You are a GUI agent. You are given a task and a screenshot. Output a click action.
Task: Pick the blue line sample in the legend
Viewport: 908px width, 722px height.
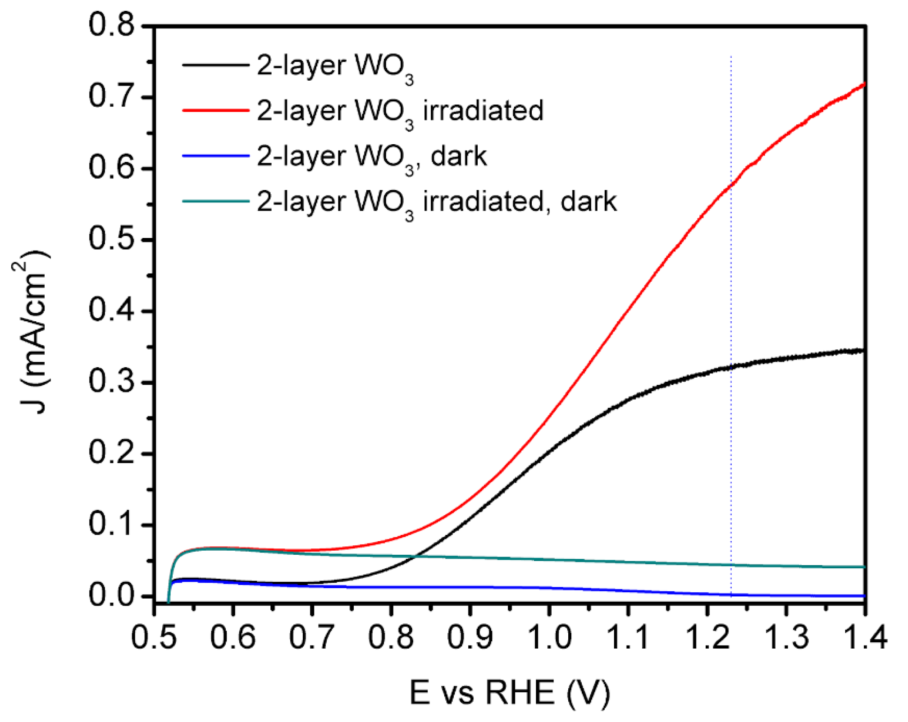(x=215, y=156)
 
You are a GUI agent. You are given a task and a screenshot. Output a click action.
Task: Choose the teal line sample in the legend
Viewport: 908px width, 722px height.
(x=215, y=201)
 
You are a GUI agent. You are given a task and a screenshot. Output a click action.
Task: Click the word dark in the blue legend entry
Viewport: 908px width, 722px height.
(x=458, y=156)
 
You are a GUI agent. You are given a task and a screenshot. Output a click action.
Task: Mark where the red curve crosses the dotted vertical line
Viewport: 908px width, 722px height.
(x=731, y=185)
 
